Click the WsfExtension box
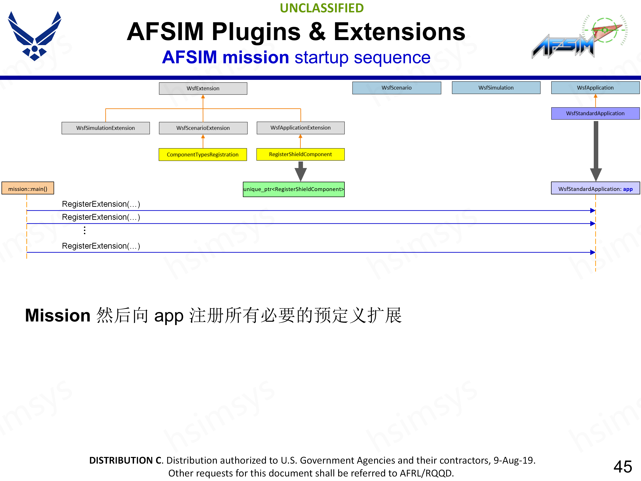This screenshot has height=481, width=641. [203, 88]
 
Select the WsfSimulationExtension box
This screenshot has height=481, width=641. [105, 128]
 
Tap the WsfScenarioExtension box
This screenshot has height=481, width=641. [203, 128]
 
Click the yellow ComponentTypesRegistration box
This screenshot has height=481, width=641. [202, 154]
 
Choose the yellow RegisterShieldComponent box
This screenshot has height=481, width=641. [300, 154]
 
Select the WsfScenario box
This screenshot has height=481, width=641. [396, 88]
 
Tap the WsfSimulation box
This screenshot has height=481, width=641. [496, 88]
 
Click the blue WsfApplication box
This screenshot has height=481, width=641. [595, 88]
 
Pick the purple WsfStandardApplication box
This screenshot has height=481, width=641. [595, 113]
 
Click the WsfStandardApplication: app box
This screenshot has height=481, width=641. [595, 189]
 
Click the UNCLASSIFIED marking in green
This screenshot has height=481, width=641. [322, 8]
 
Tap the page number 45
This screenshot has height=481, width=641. [622, 466]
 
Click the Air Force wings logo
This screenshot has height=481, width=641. [35, 36]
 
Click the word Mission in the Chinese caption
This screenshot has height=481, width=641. [58, 315]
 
